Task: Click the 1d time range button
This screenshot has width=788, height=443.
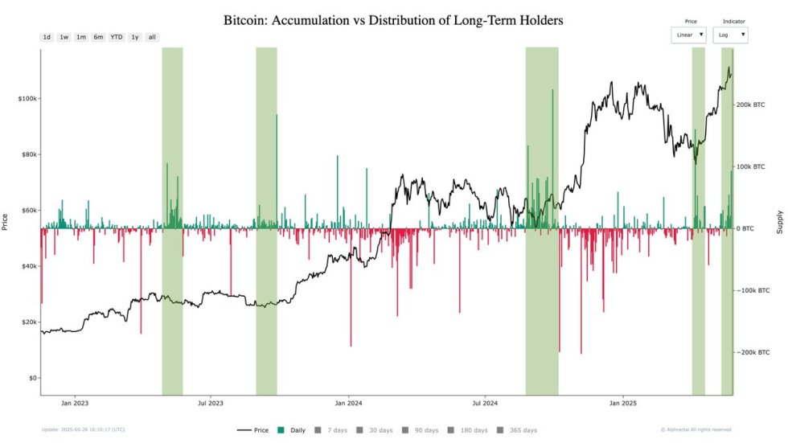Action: point(47,37)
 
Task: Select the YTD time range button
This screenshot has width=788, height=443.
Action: point(116,37)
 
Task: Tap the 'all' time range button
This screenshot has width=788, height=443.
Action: point(152,37)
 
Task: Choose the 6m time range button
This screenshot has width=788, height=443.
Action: point(98,37)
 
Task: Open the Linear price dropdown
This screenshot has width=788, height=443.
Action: point(689,35)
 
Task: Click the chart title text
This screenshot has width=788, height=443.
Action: point(393,20)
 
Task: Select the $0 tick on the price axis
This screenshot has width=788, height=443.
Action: point(31,378)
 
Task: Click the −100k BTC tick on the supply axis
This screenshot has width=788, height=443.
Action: point(753,290)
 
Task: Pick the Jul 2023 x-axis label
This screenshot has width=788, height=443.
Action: point(211,403)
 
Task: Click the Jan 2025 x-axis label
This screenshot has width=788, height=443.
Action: point(623,403)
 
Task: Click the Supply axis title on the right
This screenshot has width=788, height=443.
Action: point(779,222)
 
